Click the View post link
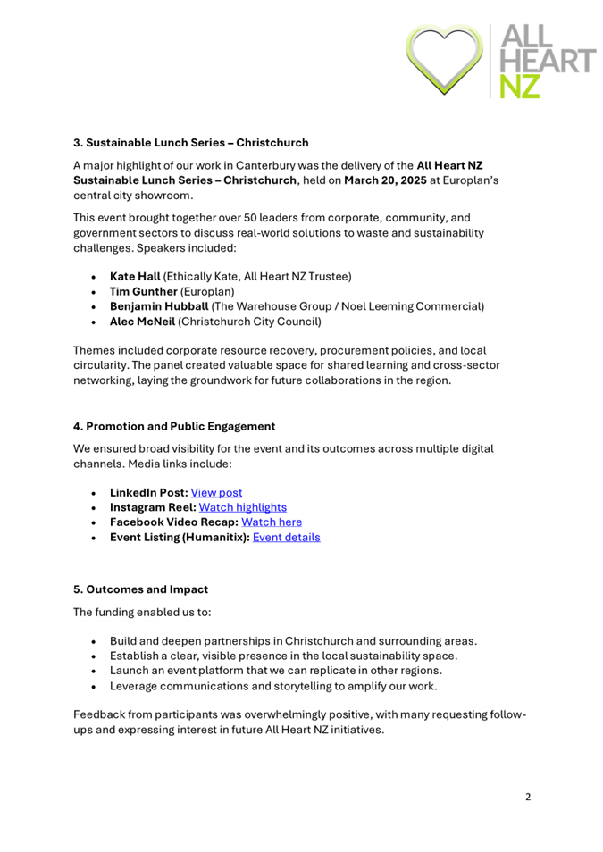tap(221, 492)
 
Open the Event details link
tap(287, 537)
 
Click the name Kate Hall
tap(134, 277)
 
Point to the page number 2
tap(528, 798)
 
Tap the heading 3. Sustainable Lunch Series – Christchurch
tap(190, 142)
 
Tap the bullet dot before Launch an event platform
tap(96, 671)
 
